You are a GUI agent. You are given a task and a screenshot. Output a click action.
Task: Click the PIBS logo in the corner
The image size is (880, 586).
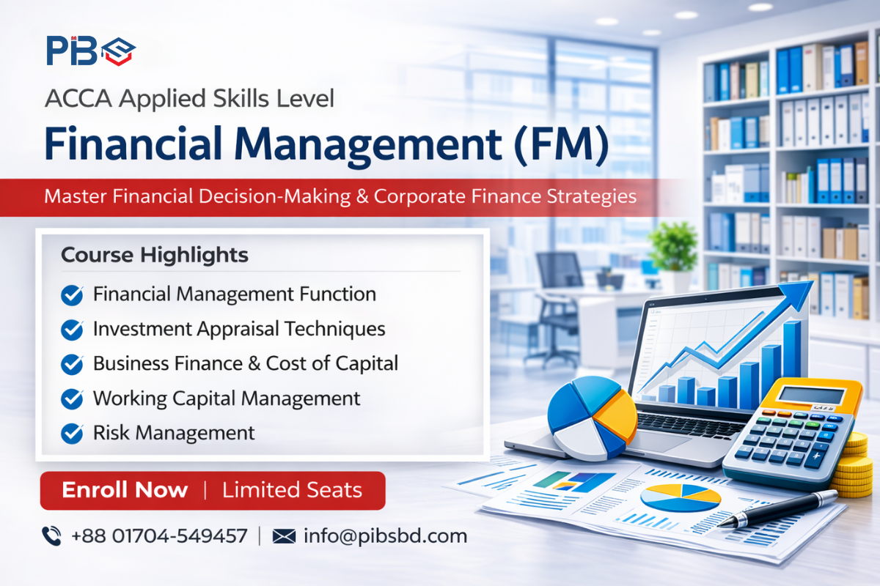click(x=91, y=50)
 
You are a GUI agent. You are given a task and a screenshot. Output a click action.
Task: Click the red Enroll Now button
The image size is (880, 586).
click(x=212, y=490)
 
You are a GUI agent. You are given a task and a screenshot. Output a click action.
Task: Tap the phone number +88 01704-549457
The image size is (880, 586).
click(x=159, y=535)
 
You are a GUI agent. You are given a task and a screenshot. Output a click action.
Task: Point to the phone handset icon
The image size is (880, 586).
click(x=51, y=536)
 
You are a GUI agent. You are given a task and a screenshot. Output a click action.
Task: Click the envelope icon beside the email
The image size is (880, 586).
click(x=283, y=536)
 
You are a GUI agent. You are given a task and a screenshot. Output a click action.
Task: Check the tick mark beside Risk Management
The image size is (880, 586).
click(x=72, y=433)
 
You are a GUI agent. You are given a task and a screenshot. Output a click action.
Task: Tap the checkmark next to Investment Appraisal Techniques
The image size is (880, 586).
click(x=72, y=330)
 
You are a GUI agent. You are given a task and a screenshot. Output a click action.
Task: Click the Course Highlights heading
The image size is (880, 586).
click(x=155, y=255)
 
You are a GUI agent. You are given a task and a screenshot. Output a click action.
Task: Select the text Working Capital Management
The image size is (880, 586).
click(x=227, y=398)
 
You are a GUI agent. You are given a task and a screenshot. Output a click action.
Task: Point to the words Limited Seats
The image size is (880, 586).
click(x=292, y=490)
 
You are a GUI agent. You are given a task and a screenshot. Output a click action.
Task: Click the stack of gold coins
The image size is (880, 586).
click(x=854, y=465)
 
